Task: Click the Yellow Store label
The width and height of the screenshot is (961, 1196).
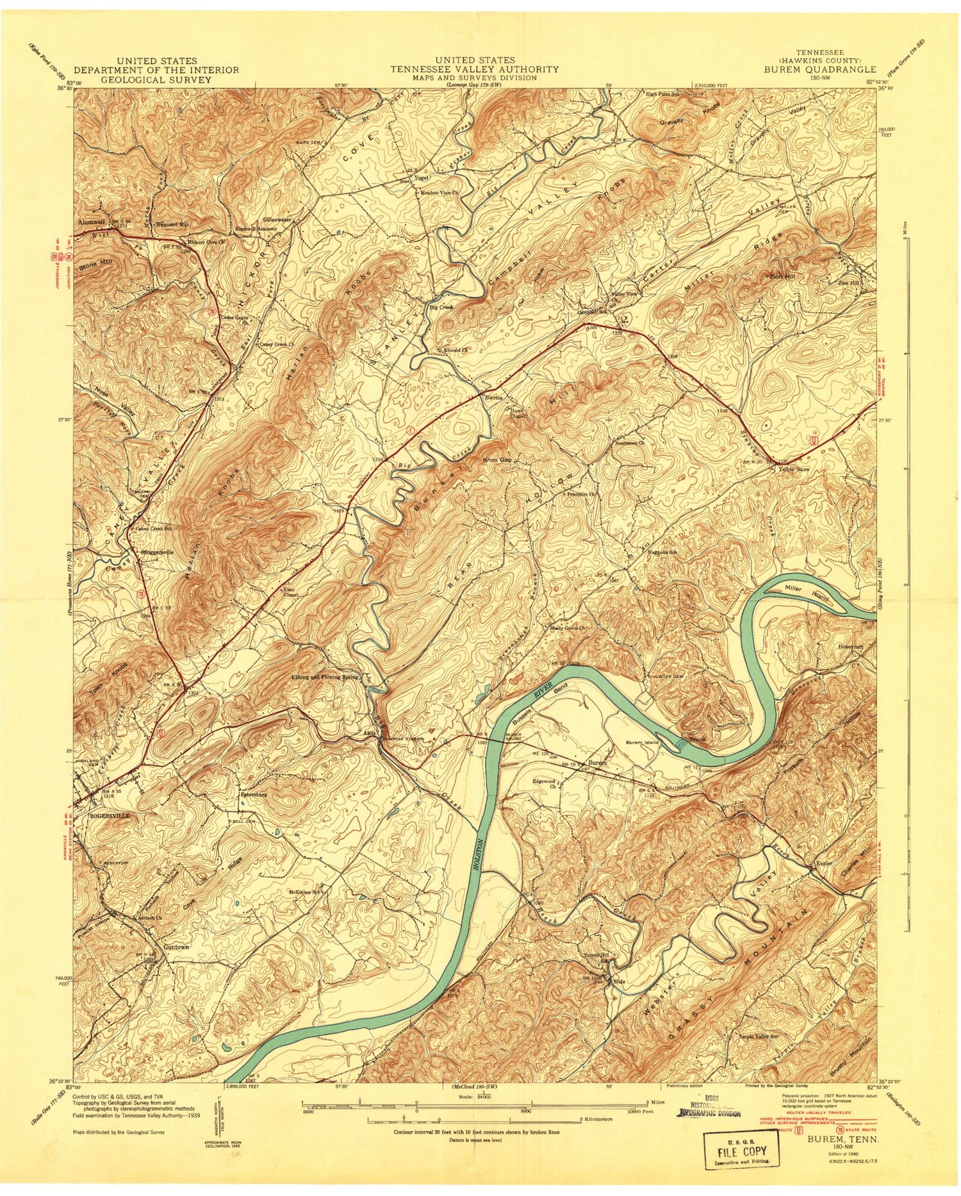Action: click(x=793, y=470)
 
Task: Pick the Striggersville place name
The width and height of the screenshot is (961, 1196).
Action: click(x=154, y=551)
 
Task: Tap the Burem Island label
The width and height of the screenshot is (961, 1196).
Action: click(x=642, y=743)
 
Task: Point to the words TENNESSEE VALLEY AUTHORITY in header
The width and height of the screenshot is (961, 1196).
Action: click(x=475, y=69)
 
